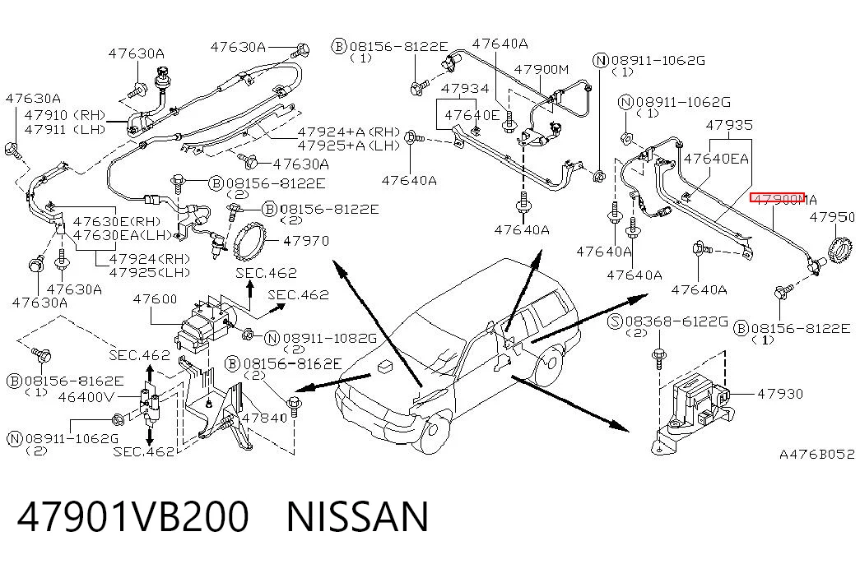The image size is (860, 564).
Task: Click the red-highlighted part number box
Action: [777, 197]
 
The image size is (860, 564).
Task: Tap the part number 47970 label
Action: [306, 241]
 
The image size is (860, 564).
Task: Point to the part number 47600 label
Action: [156, 298]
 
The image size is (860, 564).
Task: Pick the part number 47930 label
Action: [780, 394]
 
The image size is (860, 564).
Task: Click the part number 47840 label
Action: [264, 418]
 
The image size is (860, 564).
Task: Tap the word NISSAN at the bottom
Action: [357, 517]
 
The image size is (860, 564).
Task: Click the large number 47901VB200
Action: [132, 517]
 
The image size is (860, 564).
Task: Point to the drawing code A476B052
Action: [816, 454]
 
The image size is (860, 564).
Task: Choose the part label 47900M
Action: [542, 70]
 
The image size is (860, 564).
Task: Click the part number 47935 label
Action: [729, 125]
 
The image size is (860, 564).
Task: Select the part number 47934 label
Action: [464, 88]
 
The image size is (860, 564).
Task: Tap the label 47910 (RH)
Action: [65, 115]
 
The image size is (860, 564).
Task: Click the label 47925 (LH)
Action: [150, 272]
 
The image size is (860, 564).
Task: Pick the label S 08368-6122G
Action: [668, 321]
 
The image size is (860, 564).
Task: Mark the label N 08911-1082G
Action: [321, 339]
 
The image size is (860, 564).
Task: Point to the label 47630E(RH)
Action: [118, 221]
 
